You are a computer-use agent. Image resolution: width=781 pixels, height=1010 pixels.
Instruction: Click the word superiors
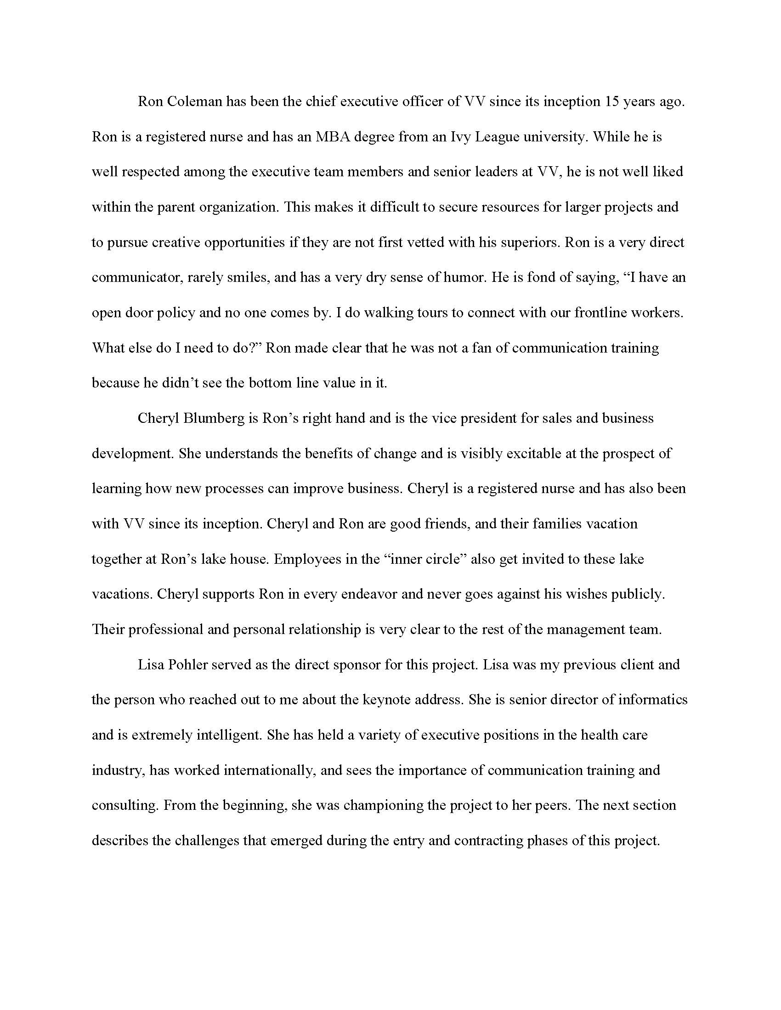tap(526, 242)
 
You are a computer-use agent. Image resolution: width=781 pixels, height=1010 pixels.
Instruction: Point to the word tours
tap(430, 313)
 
